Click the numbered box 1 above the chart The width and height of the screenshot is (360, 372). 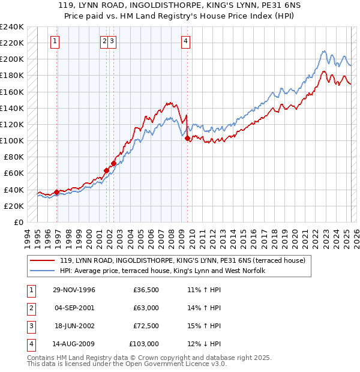[x=55, y=41]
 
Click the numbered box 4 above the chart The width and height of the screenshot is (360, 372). [x=186, y=41]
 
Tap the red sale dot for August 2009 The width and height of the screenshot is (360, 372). [x=188, y=138]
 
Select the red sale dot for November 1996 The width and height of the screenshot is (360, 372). [x=57, y=192]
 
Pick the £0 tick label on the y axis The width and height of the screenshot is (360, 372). [x=19, y=222]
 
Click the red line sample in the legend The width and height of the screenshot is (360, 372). [x=43, y=260]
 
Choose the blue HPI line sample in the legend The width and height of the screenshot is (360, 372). [x=43, y=271]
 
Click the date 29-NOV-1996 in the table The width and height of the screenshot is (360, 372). [x=74, y=290]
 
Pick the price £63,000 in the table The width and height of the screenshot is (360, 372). [x=146, y=308]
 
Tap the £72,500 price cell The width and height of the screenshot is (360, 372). [x=146, y=326]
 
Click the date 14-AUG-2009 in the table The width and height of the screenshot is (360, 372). [x=74, y=344]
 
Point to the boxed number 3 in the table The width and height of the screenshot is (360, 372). [x=30, y=326]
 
